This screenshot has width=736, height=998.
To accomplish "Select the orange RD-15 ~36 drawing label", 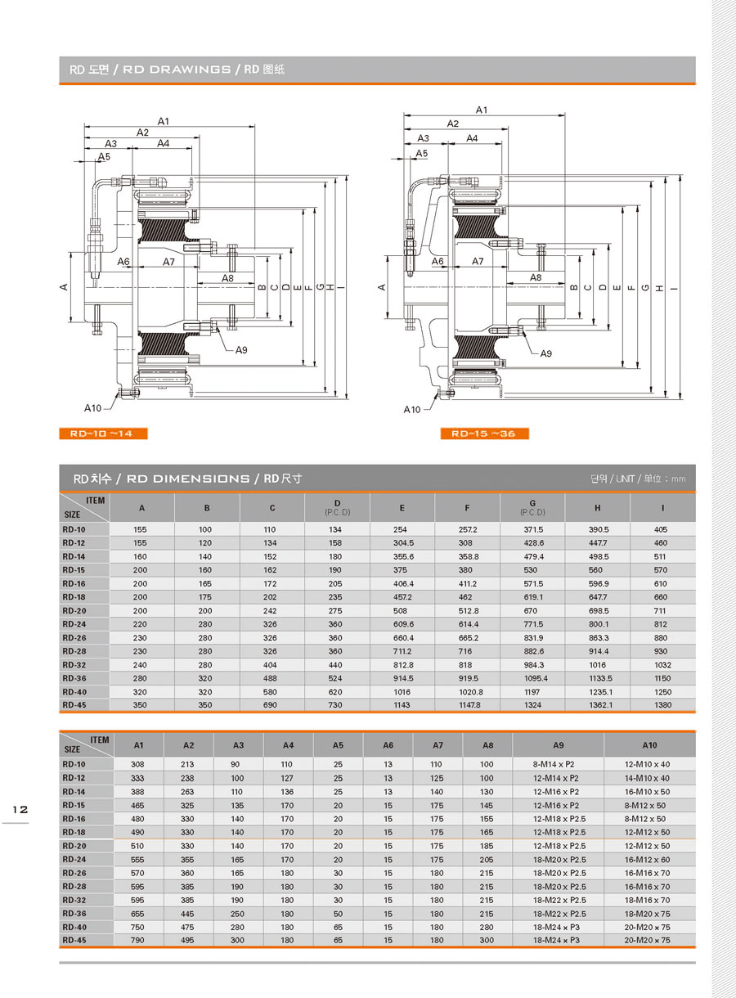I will (x=483, y=434).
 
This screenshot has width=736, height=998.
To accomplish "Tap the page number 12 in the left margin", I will (x=20, y=809).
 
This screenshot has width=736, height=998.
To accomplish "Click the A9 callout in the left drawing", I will (x=241, y=350).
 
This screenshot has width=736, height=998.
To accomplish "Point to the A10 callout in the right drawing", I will (x=411, y=409).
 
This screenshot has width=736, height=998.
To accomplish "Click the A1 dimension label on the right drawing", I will (x=481, y=110).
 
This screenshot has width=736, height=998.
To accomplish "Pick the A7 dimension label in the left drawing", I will (x=168, y=263).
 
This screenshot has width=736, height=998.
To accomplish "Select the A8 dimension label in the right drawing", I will (x=536, y=277).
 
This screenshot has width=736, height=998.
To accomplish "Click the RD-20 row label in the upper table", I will (x=74, y=610).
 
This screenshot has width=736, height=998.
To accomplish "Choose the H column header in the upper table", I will (x=597, y=508).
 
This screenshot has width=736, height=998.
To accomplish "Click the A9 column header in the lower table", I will (x=558, y=745).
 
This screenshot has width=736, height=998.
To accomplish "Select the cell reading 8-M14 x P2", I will (x=555, y=765).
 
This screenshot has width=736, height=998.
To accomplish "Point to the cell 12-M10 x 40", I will (x=647, y=765).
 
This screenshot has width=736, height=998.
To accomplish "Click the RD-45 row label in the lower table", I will (x=74, y=940).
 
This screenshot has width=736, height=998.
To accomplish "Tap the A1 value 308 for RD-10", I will (x=138, y=765).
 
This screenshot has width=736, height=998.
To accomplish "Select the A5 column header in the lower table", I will (x=338, y=745).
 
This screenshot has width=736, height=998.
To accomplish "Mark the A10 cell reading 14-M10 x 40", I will (x=647, y=778).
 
